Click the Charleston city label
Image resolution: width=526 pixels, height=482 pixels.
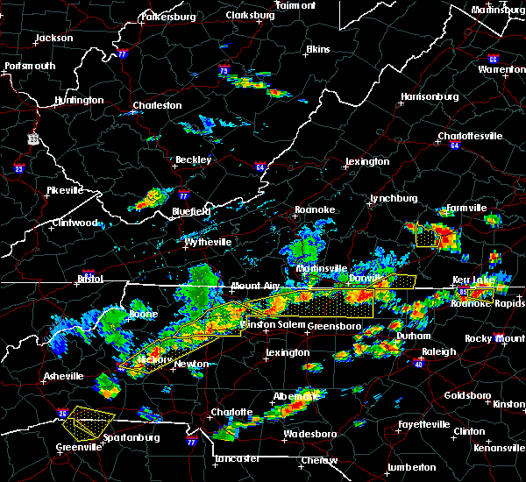click(156, 106)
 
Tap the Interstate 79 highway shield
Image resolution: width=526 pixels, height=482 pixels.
click(224, 70)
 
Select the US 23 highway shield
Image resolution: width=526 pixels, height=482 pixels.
click(32, 138)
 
